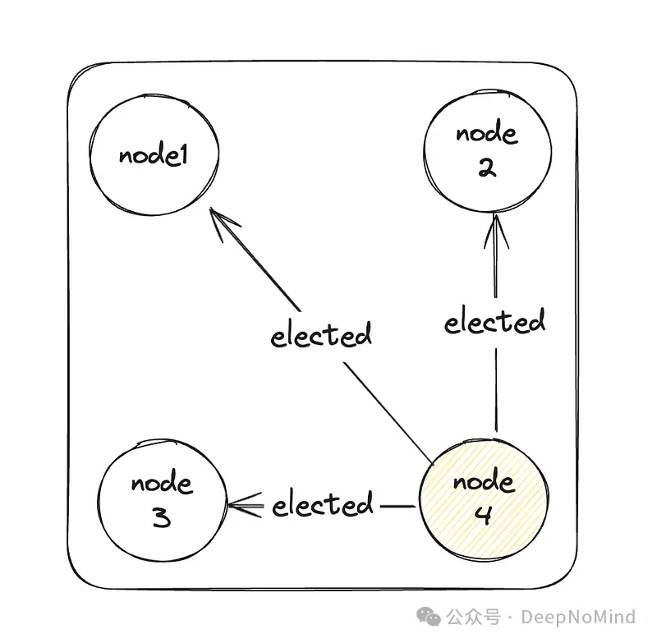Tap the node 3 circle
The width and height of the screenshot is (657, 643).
click(x=162, y=501)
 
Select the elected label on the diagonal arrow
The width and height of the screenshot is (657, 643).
click(x=321, y=335)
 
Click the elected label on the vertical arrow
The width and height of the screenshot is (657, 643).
click(x=494, y=321)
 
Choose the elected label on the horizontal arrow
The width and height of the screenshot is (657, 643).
click(x=322, y=503)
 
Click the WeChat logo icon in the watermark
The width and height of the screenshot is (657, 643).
click(x=430, y=616)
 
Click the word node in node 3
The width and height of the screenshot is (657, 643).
click(x=161, y=483)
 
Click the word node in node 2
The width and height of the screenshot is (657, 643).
click(x=486, y=134)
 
